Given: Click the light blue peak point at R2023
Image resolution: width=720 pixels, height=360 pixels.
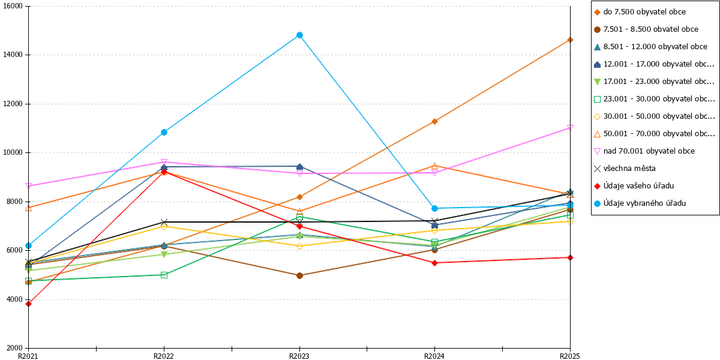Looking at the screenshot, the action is click(x=299, y=35).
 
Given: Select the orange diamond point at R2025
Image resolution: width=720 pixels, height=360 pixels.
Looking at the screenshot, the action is click(x=570, y=40).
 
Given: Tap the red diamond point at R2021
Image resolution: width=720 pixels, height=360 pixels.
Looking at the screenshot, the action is click(x=29, y=304).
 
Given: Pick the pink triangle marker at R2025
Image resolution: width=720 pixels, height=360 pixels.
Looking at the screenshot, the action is click(x=570, y=128).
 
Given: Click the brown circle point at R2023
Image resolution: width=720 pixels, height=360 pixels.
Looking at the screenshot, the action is click(x=299, y=275).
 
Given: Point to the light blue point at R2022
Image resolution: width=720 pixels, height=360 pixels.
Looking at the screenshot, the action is click(x=164, y=132).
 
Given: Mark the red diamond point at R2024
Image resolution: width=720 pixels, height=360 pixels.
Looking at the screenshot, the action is click(x=434, y=263).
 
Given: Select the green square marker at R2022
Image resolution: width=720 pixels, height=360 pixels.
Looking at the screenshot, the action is click(x=164, y=275).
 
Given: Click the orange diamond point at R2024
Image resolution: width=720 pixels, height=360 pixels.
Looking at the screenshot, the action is click(x=434, y=121).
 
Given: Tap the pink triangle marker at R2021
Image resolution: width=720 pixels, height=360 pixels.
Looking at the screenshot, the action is click(x=29, y=186).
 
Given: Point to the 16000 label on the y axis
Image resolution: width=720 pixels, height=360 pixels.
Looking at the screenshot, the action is click(x=13, y=6).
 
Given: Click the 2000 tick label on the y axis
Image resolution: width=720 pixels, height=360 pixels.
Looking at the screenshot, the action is click(x=15, y=348).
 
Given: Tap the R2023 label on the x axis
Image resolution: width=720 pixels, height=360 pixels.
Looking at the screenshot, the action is click(x=299, y=356).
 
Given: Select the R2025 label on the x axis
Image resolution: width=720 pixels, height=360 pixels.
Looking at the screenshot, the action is click(x=570, y=356).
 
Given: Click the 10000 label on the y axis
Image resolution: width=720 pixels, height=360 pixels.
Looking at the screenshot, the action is click(x=13, y=152).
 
